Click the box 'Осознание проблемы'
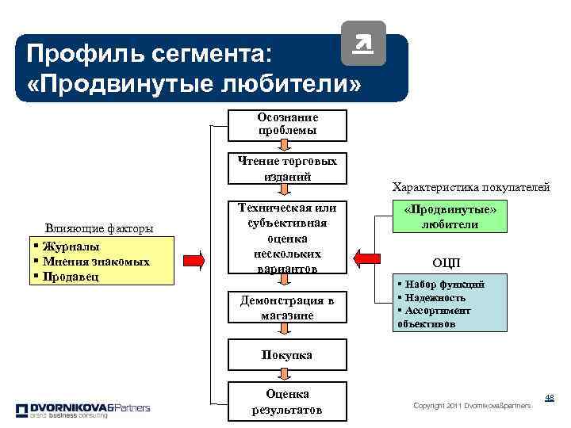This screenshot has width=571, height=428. tap(287, 124)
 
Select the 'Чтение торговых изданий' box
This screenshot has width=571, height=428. tap(287, 168)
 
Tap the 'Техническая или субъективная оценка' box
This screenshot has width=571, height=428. tap(287, 237)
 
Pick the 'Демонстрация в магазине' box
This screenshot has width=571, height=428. tap(287, 308)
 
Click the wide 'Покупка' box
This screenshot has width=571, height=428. tap(287, 355)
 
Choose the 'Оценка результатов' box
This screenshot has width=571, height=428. tap(287, 402)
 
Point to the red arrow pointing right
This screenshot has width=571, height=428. tap(194, 260)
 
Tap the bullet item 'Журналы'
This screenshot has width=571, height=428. tap(72, 246)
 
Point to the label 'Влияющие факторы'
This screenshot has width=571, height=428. tap(99, 228)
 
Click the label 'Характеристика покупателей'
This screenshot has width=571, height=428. tap(471, 188)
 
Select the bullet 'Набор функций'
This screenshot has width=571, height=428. tap(443, 285)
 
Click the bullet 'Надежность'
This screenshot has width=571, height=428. tap(435, 297)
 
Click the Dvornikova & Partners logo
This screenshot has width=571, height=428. tap(82, 410)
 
